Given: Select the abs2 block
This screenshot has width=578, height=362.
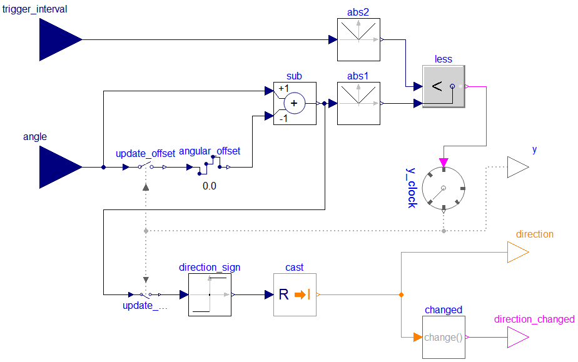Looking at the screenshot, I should click(358, 39).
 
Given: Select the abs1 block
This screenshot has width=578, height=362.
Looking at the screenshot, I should click(358, 103).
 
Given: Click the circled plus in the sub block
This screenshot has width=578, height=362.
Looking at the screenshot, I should click(294, 104).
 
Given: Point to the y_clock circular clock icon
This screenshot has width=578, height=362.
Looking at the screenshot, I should click(444, 188).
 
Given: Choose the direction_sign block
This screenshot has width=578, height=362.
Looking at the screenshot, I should click(210, 294).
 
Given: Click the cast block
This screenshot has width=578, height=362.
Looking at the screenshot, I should click(295, 294).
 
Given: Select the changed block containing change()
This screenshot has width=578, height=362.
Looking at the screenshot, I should click(444, 337).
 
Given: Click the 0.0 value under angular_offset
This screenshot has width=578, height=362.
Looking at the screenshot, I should click(210, 186).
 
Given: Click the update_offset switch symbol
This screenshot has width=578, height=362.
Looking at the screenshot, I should click(145, 167).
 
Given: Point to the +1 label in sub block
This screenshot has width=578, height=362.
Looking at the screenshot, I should click(283, 88).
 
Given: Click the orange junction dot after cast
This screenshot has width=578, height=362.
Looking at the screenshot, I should click(401, 294).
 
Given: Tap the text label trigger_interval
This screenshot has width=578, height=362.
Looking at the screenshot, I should click(34, 9).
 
